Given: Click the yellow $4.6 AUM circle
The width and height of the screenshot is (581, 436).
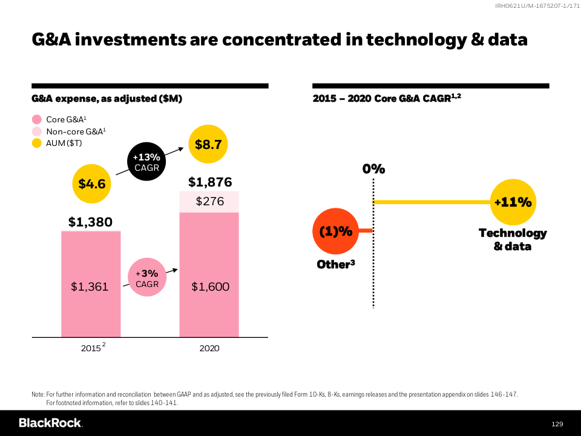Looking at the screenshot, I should pos(92,183).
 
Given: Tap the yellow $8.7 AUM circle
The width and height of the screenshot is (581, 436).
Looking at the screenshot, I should pos(208,144).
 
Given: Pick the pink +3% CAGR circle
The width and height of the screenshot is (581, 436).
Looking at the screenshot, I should pos(146,279).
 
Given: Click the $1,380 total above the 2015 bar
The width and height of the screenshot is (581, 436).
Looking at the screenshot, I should pos(90,222).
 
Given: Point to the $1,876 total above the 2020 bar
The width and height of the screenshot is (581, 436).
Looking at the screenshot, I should pos(209,182).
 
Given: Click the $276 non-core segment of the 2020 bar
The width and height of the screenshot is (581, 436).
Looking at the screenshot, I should pos(209,202).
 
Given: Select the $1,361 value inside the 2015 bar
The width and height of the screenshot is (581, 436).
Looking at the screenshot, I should pos(90,286).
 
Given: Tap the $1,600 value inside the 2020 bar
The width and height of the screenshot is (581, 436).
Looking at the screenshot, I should pos(210,286).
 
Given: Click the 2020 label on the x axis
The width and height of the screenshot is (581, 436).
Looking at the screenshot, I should pos(209,348).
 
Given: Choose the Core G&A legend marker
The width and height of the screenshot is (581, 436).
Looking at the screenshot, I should pos(36,119).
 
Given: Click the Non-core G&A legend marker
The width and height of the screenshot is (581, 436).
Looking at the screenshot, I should pos(36,131).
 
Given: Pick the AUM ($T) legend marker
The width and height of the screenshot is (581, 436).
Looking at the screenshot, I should pos(36,144).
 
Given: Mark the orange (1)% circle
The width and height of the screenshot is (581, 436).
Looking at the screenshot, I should pos(335,231).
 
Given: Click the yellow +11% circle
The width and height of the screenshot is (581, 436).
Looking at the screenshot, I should pos(512,203).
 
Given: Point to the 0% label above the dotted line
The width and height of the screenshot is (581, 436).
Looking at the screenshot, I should pos(373,169).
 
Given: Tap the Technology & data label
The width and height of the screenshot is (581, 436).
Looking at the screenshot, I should pos(512,239).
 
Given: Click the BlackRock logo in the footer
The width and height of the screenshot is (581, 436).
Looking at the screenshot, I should pos(50,423).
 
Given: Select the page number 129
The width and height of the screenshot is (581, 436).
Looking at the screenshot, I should pos(557,423).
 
